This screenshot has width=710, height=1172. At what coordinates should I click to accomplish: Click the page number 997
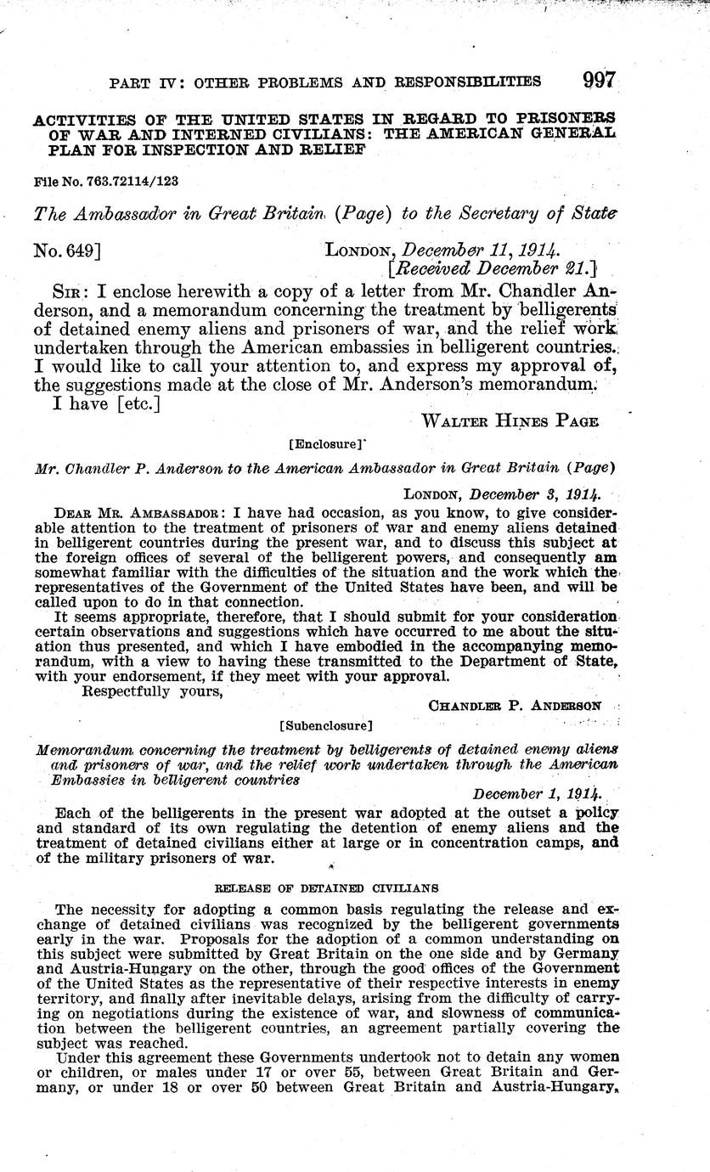coord(599,82)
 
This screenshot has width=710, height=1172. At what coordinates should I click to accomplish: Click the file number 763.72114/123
coord(105,182)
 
